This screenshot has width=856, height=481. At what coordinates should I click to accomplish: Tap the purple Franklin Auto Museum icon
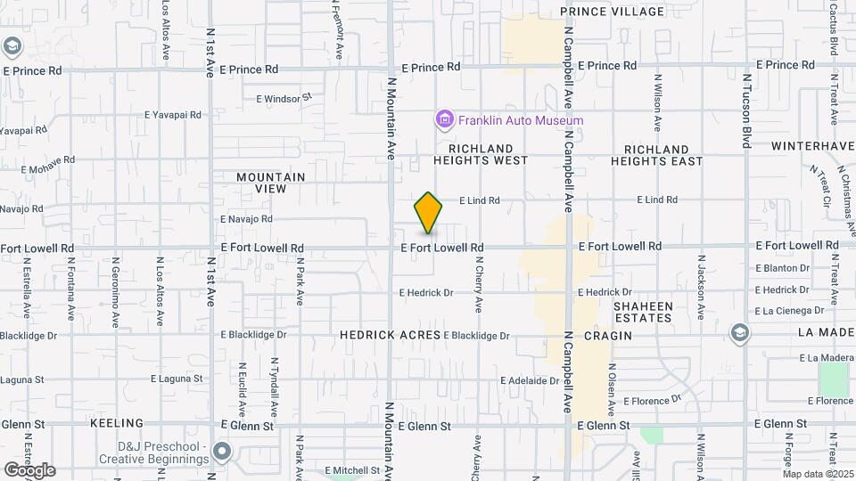tap(444, 119)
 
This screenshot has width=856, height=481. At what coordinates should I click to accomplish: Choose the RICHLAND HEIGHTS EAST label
tap(657, 155)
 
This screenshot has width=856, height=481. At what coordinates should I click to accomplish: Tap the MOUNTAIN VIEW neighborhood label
tap(270, 183)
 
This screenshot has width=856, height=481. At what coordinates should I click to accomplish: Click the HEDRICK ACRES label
tap(390, 335)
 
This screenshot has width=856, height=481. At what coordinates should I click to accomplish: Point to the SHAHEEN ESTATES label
tap(642, 312)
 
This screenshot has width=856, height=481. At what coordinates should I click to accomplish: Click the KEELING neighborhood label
tap(116, 422)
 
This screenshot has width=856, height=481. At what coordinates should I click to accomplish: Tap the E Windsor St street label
tap(284, 98)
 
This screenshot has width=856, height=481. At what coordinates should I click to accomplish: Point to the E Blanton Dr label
tap(782, 267)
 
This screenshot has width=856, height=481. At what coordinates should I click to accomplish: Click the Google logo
tap(29, 470)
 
